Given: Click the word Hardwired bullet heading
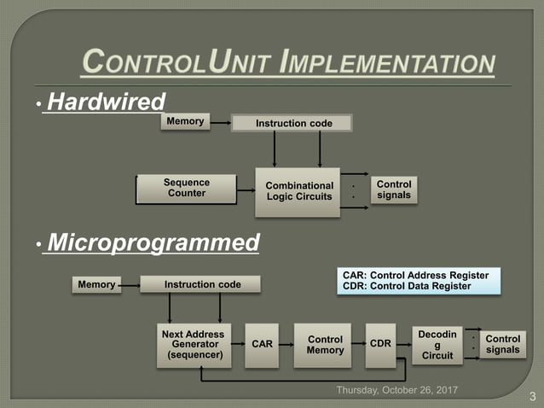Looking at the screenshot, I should point(106,102).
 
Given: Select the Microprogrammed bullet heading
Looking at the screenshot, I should point(153,243).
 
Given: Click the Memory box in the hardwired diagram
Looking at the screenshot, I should point(185,122).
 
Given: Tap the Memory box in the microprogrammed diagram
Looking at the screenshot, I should point(96,284).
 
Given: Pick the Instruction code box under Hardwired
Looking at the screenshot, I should point(294,124).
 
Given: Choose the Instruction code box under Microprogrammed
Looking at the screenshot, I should point(202,284).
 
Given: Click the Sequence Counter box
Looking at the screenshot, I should point(187,188).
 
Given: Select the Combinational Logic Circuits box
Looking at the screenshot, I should point(298,191).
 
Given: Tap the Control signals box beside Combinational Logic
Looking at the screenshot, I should point(394,190).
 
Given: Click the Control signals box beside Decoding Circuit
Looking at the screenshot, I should point(502,345).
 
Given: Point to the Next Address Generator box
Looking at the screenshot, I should point(193,345).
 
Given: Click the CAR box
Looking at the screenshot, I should point(263,345).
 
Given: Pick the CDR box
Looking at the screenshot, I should point(381,344).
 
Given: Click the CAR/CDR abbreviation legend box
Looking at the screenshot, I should point(415,282).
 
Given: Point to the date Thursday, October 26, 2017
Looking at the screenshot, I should point(397,390).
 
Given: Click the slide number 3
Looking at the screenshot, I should point(532,396).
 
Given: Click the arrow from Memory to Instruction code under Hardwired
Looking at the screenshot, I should point(220,123).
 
